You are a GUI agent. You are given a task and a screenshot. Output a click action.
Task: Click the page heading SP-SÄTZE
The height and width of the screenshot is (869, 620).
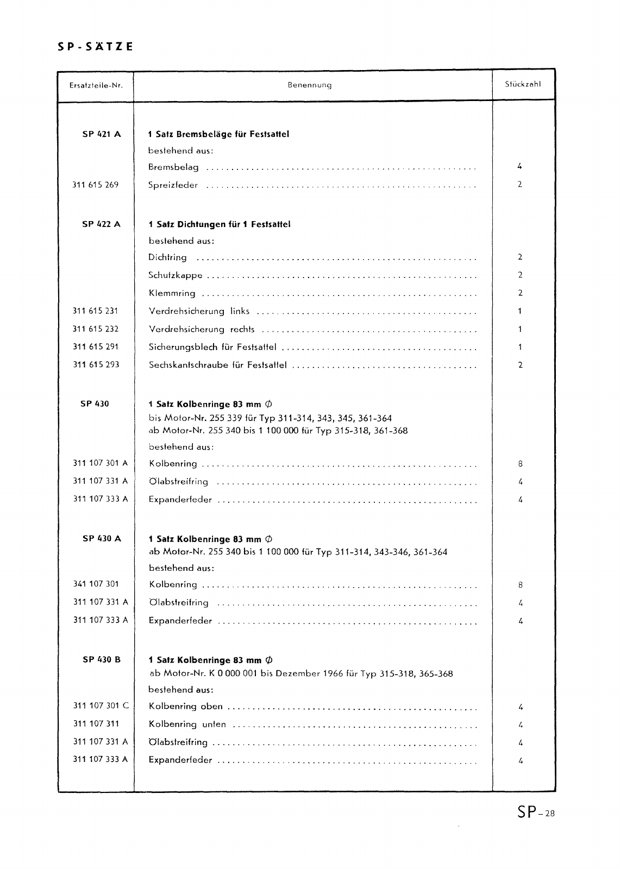click(x=95, y=47)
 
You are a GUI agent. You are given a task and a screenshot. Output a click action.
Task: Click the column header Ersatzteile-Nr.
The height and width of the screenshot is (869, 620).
click(x=96, y=85)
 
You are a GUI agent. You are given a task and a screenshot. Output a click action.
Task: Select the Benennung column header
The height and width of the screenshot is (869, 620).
click(x=310, y=85)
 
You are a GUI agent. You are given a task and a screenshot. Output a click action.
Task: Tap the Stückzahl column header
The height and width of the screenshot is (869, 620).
click(x=523, y=84)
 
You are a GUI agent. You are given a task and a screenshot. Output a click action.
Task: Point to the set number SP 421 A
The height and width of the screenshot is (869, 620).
click(x=102, y=134)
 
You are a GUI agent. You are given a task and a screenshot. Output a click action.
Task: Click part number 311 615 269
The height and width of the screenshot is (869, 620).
click(x=95, y=185)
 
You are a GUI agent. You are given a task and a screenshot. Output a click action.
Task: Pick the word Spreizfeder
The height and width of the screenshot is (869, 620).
click(x=173, y=185)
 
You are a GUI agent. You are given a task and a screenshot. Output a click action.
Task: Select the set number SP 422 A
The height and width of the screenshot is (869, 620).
click(x=102, y=224)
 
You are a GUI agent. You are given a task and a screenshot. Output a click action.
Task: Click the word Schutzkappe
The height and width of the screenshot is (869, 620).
click(x=176, y=275)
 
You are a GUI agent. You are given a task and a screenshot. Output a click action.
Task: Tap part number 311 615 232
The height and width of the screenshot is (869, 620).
click(x=96, y=329)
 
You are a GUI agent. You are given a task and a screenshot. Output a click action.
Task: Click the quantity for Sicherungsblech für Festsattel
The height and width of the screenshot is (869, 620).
click(x=520, y=347)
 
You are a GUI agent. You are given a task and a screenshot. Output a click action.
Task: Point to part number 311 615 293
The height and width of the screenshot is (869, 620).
click(x=96, y=365)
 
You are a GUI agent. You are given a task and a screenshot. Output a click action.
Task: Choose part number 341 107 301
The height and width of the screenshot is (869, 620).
click(x=96, y=584)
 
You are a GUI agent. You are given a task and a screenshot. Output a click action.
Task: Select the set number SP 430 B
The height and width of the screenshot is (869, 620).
click(x=102, y=660)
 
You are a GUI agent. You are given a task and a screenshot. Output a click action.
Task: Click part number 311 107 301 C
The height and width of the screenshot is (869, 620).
click(x=101, y=706)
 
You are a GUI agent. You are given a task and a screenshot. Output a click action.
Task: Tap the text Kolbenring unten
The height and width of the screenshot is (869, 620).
click(x=187, y=725)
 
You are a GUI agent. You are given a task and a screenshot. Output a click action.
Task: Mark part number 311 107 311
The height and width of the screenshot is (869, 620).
click(x=96, y=724)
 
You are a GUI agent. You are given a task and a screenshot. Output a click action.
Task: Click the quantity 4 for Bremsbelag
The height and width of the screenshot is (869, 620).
click(x=520, y=167)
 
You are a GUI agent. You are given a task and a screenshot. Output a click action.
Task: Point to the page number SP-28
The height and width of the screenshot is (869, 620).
click(x=536, y=813)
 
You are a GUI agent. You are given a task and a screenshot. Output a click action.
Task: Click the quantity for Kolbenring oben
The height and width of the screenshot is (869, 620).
click(x=521, y=707)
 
